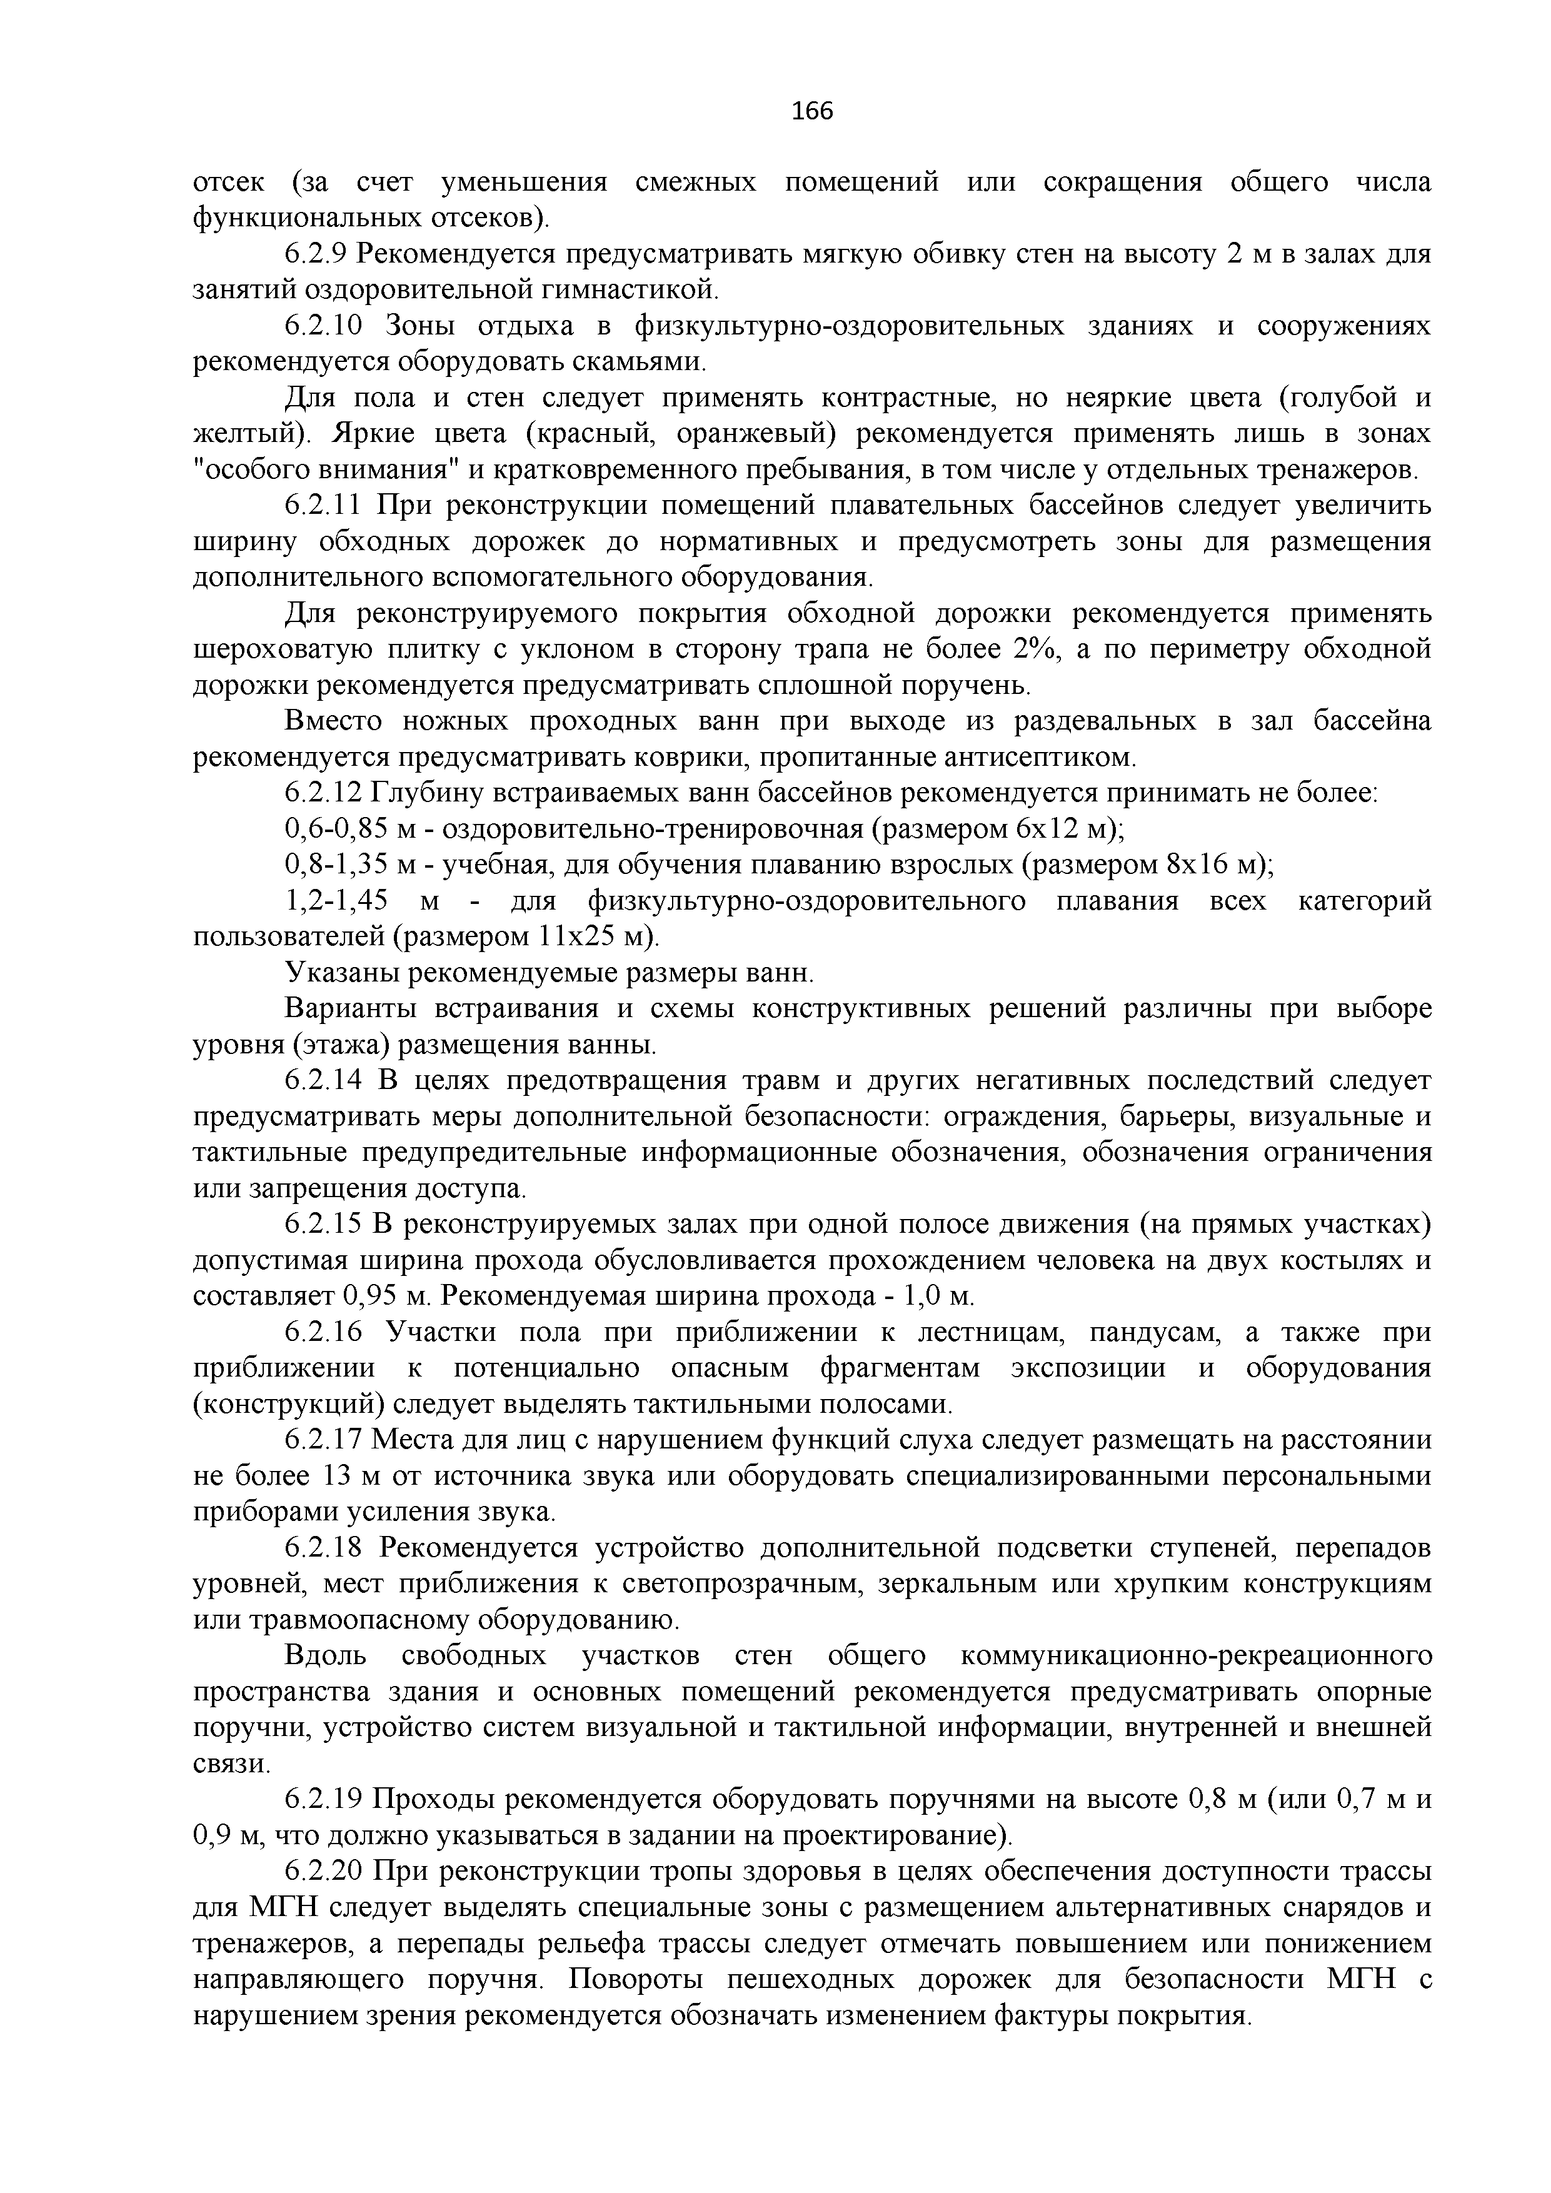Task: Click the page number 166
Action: (813, 112)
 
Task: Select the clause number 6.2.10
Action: (324, 326)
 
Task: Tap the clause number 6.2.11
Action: (324, 505)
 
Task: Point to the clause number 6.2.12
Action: (324, 793)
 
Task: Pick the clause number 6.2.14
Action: (324, 1080)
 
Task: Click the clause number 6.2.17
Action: (324, 1440)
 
